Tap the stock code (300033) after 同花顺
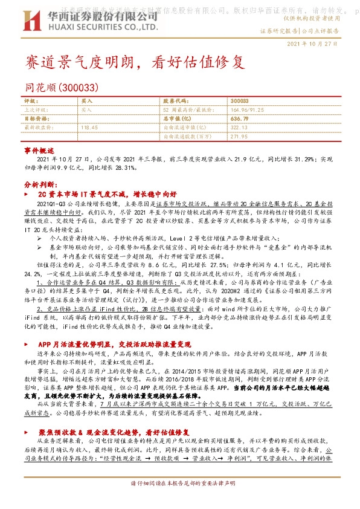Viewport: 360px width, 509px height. [79, 87]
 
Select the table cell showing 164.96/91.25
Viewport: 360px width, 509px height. [247, 110]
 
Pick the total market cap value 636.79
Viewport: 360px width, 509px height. [240, 119]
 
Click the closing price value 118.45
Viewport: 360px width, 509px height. [89, 128]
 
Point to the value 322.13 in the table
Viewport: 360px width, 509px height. [240, 128]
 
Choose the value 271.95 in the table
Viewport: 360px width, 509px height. [240, 137]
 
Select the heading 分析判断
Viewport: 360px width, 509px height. [40, 183]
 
